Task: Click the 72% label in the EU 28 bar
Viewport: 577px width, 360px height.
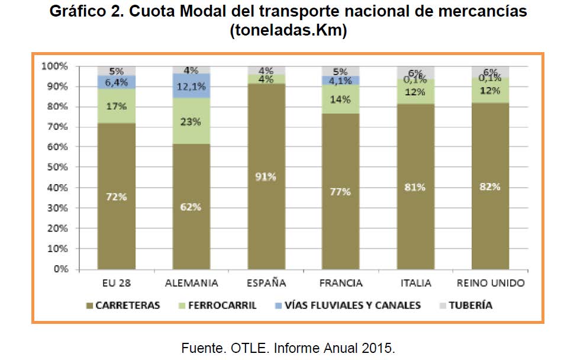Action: (x=117, y=197)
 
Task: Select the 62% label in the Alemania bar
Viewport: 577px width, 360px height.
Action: (x=191, y=207)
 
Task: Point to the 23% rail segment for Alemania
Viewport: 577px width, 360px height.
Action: (x=191, y=122)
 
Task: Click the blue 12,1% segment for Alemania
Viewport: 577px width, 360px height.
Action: (x=191, y=86)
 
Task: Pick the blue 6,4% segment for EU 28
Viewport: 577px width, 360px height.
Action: (x=117, y=82)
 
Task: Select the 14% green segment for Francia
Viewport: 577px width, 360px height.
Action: (x=340, y=99)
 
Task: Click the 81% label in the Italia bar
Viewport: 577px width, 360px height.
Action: (x=415, y=187)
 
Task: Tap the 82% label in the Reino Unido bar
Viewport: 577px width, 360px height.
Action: (x=490, y=187)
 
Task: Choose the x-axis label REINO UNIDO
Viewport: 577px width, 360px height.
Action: (x=491, y=283)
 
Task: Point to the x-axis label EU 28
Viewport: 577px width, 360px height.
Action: (x=117, y=283)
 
